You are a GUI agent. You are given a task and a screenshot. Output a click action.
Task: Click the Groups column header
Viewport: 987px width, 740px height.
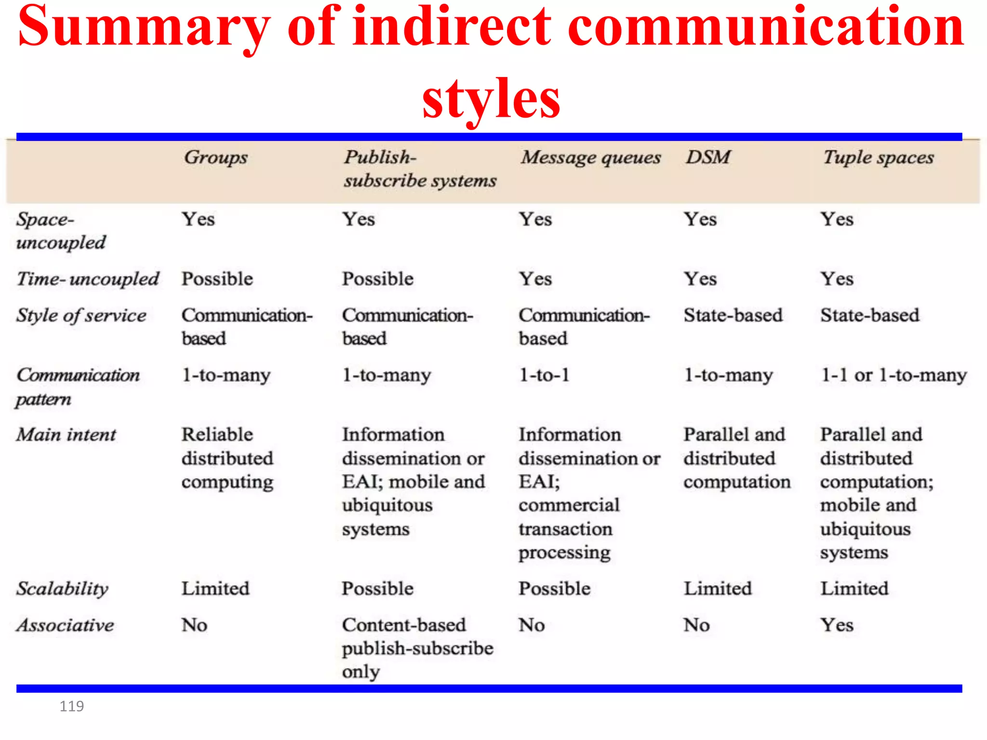pyautogui.click(x=215, y=158)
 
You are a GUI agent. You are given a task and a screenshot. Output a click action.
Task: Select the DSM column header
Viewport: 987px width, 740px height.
pyautogui.click(x=708, y=157)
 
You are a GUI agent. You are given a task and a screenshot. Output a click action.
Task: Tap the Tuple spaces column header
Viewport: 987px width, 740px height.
pyautogui.click(x=878, y=158)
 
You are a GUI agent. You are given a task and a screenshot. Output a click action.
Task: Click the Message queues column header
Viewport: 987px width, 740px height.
pyautogui.click(x=590, y=158)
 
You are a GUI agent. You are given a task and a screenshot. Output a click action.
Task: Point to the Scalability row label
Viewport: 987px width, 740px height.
pyautogui.click(x=63, y=589)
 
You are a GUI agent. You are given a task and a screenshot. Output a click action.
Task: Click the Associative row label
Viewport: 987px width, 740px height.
pyautogui.click(x=66, y=625)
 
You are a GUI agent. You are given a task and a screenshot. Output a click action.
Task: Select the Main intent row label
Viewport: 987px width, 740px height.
pyautogui.click(x=66, y=435)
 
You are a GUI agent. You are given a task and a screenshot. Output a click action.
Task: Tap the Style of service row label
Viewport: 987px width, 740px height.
pyautogui.click(x=81, y=316)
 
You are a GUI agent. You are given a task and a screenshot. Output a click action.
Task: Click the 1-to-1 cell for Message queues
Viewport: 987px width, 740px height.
pyautogui.click(x=544, y=375)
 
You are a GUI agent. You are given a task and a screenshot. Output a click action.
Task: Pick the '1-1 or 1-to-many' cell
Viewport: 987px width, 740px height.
pyautogui.click(x=894, y=375)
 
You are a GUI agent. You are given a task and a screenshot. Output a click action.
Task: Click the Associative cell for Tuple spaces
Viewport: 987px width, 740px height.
pyautogui.click(x=837, y=625)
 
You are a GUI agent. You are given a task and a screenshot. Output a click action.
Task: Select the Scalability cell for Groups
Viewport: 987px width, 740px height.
pyautogui.click(x=215, y=588)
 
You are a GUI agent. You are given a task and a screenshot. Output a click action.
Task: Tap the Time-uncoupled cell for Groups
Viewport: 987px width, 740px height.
pyautogui.click(x=217, y=279)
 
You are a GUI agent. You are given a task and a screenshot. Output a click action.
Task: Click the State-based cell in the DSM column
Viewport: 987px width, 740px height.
pyautogui.click(x=733, y=315)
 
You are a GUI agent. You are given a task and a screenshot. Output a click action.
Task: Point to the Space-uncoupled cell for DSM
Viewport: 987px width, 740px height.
pyautogui.click(x=700, y=219)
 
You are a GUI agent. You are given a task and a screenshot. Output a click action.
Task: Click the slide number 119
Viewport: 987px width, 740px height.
pyautogui.click(x=71, y=706)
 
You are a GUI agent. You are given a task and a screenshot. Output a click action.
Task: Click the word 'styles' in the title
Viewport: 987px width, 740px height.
pyautogui.click(x=491, y=98)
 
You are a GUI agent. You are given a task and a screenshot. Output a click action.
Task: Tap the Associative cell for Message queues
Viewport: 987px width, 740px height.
pyautogui.click(x=532, y=625)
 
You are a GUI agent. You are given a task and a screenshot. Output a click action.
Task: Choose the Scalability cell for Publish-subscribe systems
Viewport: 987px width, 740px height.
pyautogui.click(x=377, y=588)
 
